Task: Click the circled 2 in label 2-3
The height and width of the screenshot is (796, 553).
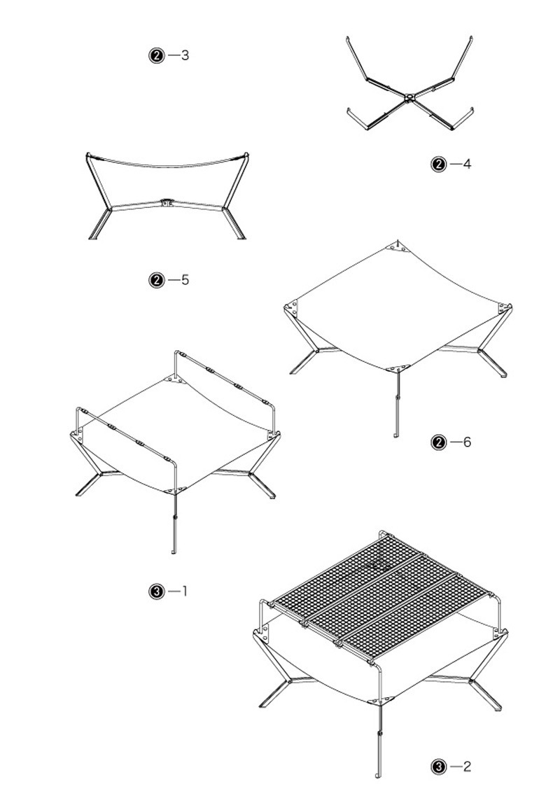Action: click(x=157, y=55)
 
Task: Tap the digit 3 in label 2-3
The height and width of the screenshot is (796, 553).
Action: click(x=185, y=55)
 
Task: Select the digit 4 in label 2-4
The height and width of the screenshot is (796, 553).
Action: click(x=467, y=164)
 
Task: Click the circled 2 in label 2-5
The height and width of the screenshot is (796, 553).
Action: click(x=157, y=280)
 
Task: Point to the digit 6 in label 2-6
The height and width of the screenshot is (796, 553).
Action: click(x=467, y=442)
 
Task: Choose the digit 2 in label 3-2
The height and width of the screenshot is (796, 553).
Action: click(x=467, y=767)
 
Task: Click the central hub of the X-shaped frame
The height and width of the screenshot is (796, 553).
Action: click(x=409, y=97)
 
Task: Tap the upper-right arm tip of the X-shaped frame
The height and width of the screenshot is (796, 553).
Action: click(x=471, y=38)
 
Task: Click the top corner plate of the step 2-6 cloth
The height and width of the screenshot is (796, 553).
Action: click(x=398, y=246)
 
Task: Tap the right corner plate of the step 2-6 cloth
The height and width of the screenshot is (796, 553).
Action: click(x=504, y=308)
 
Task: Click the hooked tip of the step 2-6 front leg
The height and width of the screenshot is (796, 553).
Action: click(x=396, y=435)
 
